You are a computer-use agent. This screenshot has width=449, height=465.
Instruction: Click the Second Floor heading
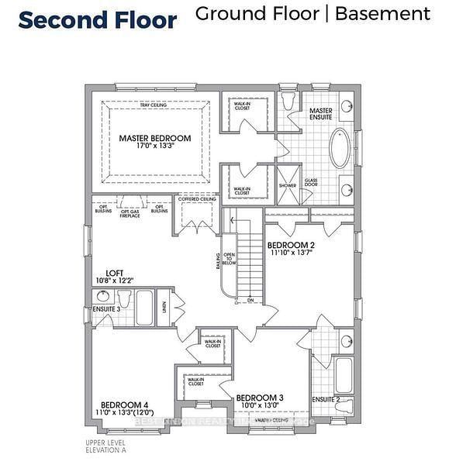pos(98,19)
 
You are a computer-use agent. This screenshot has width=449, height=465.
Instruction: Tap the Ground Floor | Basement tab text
pos(313,13)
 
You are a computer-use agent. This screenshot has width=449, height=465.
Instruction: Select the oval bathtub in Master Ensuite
pos(340,149)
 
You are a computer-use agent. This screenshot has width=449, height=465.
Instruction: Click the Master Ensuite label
pos(321,115)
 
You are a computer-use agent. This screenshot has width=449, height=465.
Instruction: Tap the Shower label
pos(288,186)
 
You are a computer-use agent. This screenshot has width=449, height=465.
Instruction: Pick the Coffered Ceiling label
pos(196,199)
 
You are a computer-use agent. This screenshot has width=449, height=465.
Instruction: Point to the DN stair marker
pos(250,301)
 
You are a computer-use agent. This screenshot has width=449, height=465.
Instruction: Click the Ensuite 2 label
pos(326,400)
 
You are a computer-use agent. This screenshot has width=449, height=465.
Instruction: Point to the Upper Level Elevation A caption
pos(105,446)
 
